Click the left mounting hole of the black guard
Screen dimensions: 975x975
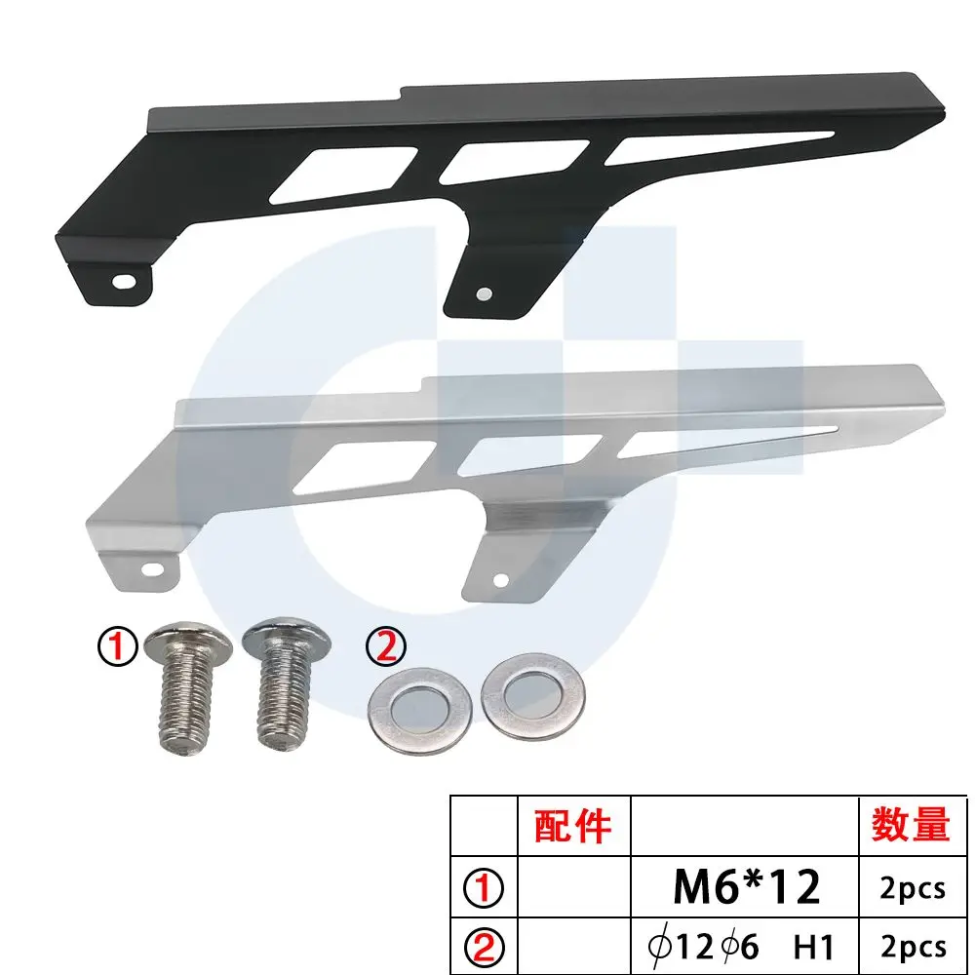click(x=125, y=281)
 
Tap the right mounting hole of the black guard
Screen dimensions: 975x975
click(x=484, y=293)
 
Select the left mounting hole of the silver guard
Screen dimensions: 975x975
click(x=152, y=568)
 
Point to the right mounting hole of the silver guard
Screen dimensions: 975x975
click(x=500, y=581)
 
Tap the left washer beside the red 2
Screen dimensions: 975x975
click(x=420, y=711)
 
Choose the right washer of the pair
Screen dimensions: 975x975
click(x=533, y=696)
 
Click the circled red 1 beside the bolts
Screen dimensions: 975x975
click(x=117, y=646)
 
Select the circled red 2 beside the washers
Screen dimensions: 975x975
click(x=386, y=646)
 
